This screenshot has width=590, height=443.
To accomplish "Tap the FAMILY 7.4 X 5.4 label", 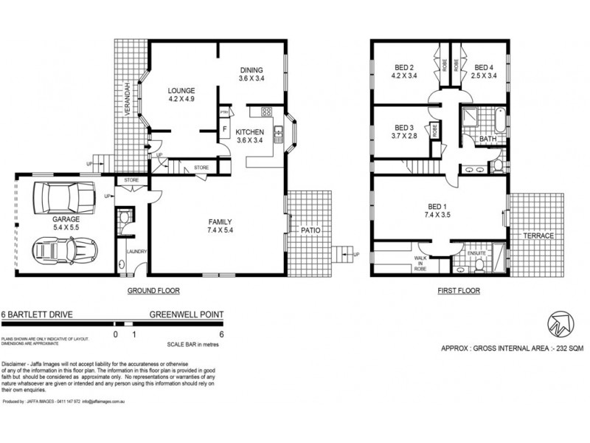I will click(220, 226).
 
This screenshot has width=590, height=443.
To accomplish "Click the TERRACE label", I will click(540, 236).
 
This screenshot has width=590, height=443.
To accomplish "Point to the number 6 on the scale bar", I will click(221, 334).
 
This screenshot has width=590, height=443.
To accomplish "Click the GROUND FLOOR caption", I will click(154, 291).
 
